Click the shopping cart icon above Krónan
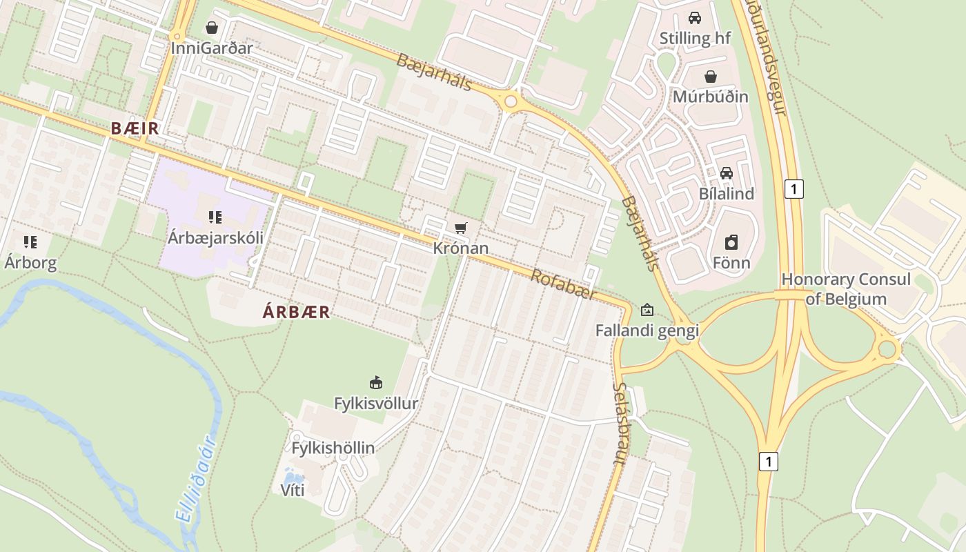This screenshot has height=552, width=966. click(461, 228)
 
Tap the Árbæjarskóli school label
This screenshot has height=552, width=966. click(215, 238)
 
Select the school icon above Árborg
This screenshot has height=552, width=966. click(30, 241)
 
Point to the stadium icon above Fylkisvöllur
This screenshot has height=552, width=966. click(376, 382)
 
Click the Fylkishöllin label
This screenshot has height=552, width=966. click(333, 448)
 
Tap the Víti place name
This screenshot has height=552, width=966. click(293, 491)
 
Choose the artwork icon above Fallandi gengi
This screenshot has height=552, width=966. click(647, 310)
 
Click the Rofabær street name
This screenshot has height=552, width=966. click(562, 284)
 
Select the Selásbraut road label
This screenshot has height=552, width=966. click(619, 423)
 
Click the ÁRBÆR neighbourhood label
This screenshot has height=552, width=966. click(296, 312)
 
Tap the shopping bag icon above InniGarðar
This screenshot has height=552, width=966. click(212, 28)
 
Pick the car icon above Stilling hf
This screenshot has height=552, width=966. click(695, 17)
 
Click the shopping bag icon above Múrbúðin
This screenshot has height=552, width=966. click(711, 76)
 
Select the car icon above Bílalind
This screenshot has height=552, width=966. click(726, 172)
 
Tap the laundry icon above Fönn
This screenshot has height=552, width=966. click(731, 242)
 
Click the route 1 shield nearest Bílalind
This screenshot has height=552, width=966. click(794, 188)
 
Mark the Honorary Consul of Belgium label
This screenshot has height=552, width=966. click(846, 289)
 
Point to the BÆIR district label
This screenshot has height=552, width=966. click(135, 128)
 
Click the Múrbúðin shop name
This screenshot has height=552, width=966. click(711, 96)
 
